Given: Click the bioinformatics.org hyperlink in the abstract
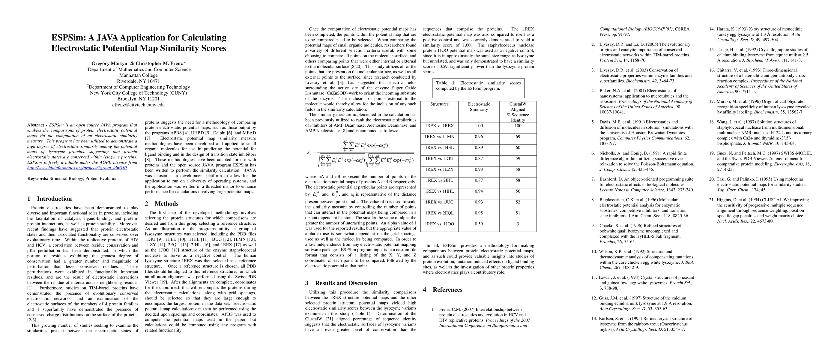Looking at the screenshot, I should point(77,168).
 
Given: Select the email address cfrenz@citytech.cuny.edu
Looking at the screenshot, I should point(138,105).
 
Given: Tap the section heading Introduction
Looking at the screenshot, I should point(54,199).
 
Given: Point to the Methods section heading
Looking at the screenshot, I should point(166,204).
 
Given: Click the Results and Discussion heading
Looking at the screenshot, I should point(346,283).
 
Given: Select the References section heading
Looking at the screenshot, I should point(447,290).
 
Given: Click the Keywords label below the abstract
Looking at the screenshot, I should point(37,178).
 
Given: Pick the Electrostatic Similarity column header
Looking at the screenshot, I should point(479,107).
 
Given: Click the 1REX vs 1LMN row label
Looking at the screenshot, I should point(439,136).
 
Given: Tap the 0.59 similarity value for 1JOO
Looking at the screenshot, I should point(479,224).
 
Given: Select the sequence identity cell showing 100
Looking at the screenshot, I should point(518,126).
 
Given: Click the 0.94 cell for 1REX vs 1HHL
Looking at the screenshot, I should point(479,191).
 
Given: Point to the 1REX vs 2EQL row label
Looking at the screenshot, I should point(439,213).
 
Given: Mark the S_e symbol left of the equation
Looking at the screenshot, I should point(309,153).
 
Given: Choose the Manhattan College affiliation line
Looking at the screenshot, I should point(138,75).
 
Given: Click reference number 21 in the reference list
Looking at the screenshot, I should point(712,200).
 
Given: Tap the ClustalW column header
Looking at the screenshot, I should point(518,104).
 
